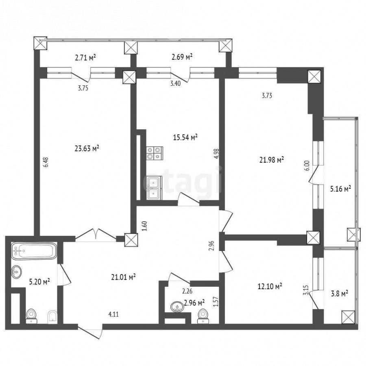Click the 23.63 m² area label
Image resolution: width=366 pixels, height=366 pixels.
point(87,148)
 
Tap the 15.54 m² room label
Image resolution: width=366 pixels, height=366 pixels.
point(185,137)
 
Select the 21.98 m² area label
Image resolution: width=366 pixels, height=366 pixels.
point(272,160)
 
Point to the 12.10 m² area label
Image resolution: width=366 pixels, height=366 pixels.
point(270,286)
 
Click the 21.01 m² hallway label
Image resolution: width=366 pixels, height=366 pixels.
point(124,277)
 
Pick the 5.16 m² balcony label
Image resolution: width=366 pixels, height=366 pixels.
point(341,189)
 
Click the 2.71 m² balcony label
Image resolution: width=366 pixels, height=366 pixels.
point(85,57)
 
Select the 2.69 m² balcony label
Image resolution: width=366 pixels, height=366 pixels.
point(182,57)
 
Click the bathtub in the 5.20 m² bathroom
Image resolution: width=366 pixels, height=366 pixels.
point(34,251)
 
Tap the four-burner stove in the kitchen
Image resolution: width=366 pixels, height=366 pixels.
point(155,153)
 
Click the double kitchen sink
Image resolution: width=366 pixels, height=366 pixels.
point(154,188)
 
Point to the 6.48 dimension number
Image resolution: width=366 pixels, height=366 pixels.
point(46,162)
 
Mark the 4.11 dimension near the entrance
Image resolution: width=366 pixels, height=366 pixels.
point(113,314)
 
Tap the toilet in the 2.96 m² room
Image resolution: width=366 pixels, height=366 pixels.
point(203,316)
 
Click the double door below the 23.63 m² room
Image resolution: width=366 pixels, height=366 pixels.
point(96,235)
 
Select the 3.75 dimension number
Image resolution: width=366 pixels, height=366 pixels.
point(83,88)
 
